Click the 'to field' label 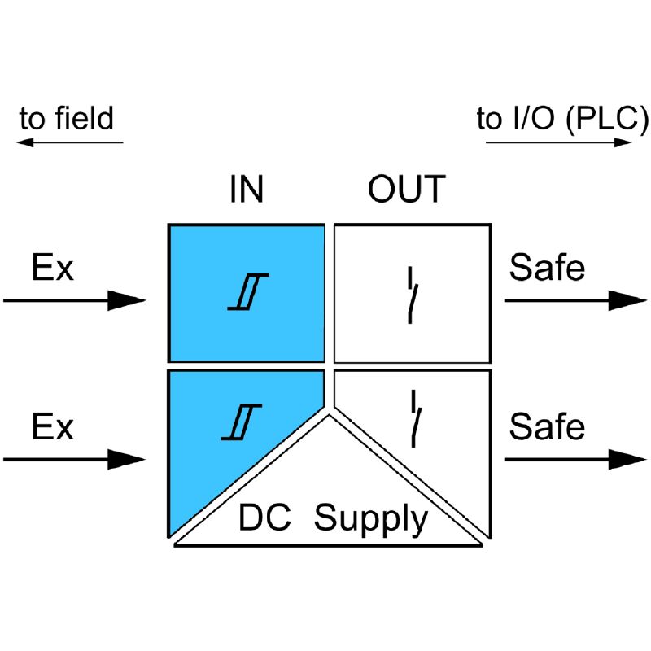pyautogui.click(x=67, y=119)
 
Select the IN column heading pyautogui.click(x=246, y=189)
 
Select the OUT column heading pyautogui.click(x=406, y=189)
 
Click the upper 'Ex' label pyautogui.click(x=52, y=268)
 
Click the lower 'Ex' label pyautogui.click(x=52, y=426)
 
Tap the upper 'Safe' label pyautogui.click(x=547, y=268)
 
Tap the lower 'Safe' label pyautogui.click(x=547, y=426)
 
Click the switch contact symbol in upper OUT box pyautogui.click(x=413, y=295)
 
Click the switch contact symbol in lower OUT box pyautogui.click(x=416, y=417)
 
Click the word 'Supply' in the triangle pyautogui.click(x=370, y=518)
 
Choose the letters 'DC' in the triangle pyautogui.click(x=265, y=518)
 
